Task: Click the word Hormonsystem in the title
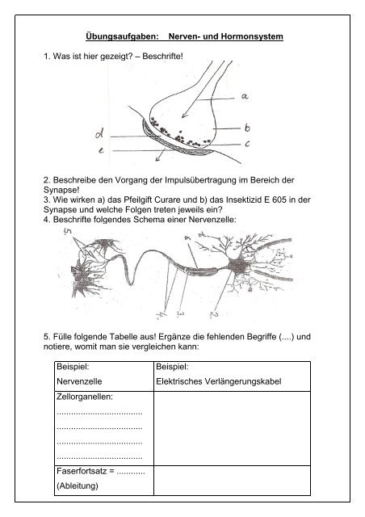click(252, 36)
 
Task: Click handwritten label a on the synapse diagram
click(245, 96)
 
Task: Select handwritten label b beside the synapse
click(247, 128)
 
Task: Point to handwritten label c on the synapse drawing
click(247, 144)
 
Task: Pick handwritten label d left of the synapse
click(99, 133)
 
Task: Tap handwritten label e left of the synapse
click(101, 150)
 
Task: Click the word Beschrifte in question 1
click(162, 56)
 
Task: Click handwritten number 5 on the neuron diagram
click(68, 232)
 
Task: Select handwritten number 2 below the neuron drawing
click(214, 314)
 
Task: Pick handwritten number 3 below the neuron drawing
click(181, 313)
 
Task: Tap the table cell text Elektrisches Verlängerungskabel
click(219, 381)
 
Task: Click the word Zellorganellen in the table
click(85, 397)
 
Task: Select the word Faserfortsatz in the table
click(81, 471)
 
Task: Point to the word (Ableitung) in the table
click(78, 486)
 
